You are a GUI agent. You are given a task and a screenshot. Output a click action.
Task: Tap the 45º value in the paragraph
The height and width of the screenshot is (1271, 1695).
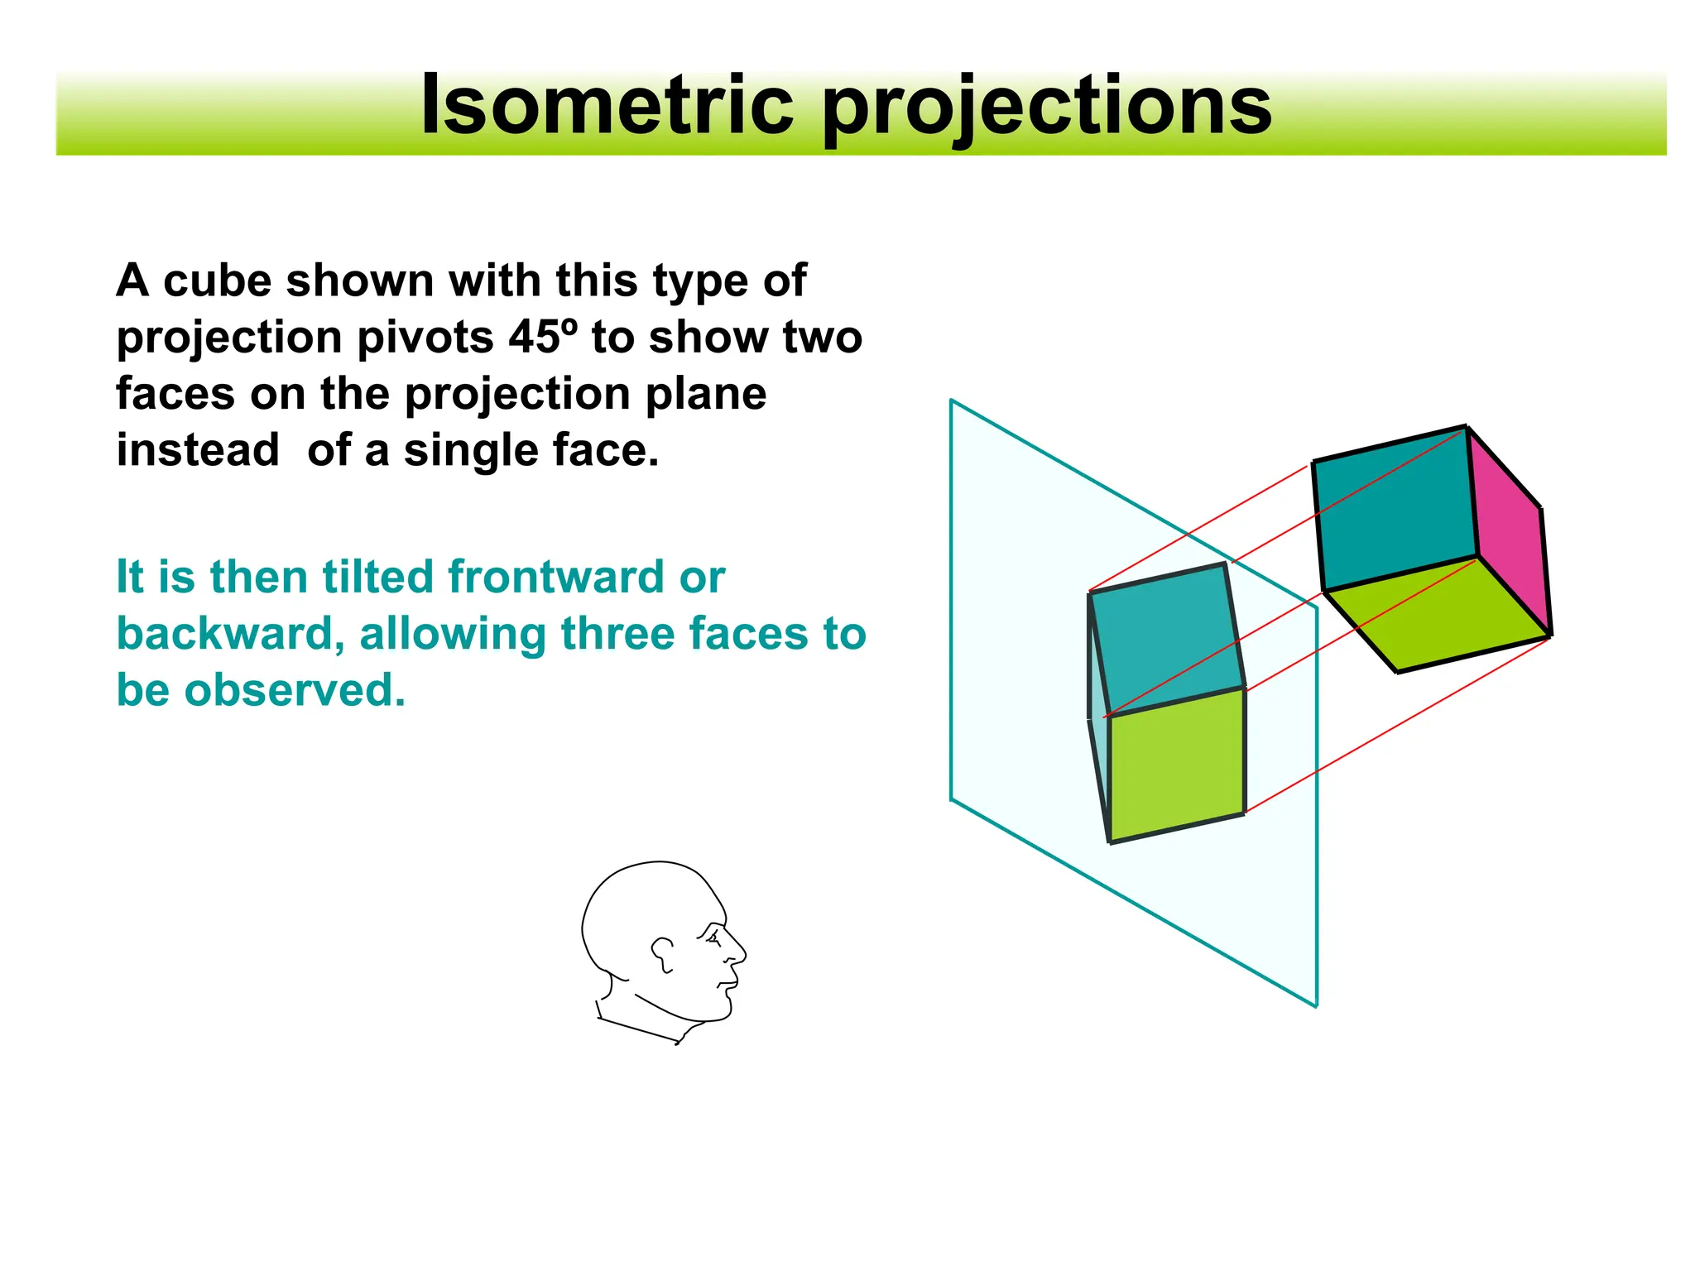(541, 337)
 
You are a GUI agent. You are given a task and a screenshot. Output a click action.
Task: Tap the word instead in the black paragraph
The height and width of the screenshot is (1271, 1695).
(198, 450)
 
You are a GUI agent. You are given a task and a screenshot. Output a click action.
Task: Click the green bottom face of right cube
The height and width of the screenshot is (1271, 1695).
(1436, 616)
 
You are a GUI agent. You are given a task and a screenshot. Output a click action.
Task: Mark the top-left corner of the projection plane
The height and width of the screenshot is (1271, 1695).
(952, 401)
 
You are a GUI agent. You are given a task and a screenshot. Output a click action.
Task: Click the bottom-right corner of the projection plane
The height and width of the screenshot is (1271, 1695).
(1316, 1005)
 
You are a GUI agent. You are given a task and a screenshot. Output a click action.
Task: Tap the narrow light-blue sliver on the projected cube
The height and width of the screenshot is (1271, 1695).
(1097, 703)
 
